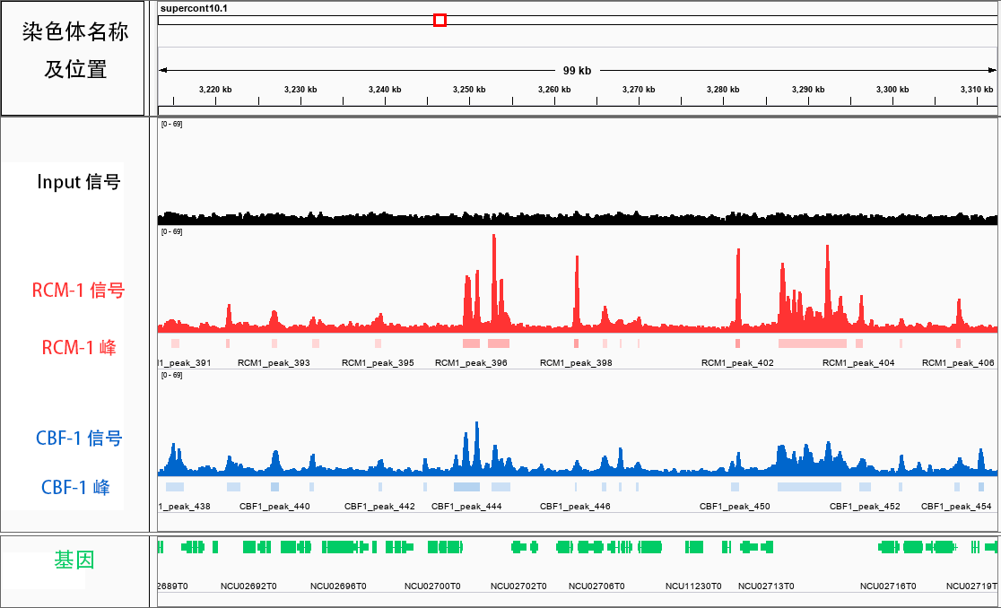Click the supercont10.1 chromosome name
point(194,8)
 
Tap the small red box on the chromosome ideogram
point(440,20)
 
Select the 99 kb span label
point(577,70)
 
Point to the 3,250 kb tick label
point(469,90)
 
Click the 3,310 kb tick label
point(977,90)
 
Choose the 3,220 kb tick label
point(215,90)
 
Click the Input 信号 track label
point(79,182)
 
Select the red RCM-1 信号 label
point(78,291)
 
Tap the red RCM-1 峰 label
point(79,347)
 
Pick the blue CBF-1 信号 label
point(79,439)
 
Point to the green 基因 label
point(74,560)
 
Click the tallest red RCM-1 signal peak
point(493,238)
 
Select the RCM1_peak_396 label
point(471,363)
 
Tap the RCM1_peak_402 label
point(737,363)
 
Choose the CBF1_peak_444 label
point(466,507)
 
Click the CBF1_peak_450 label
point(735,507)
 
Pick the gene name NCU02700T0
point(432,586)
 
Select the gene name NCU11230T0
point(693,586)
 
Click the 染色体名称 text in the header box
point(75,32)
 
